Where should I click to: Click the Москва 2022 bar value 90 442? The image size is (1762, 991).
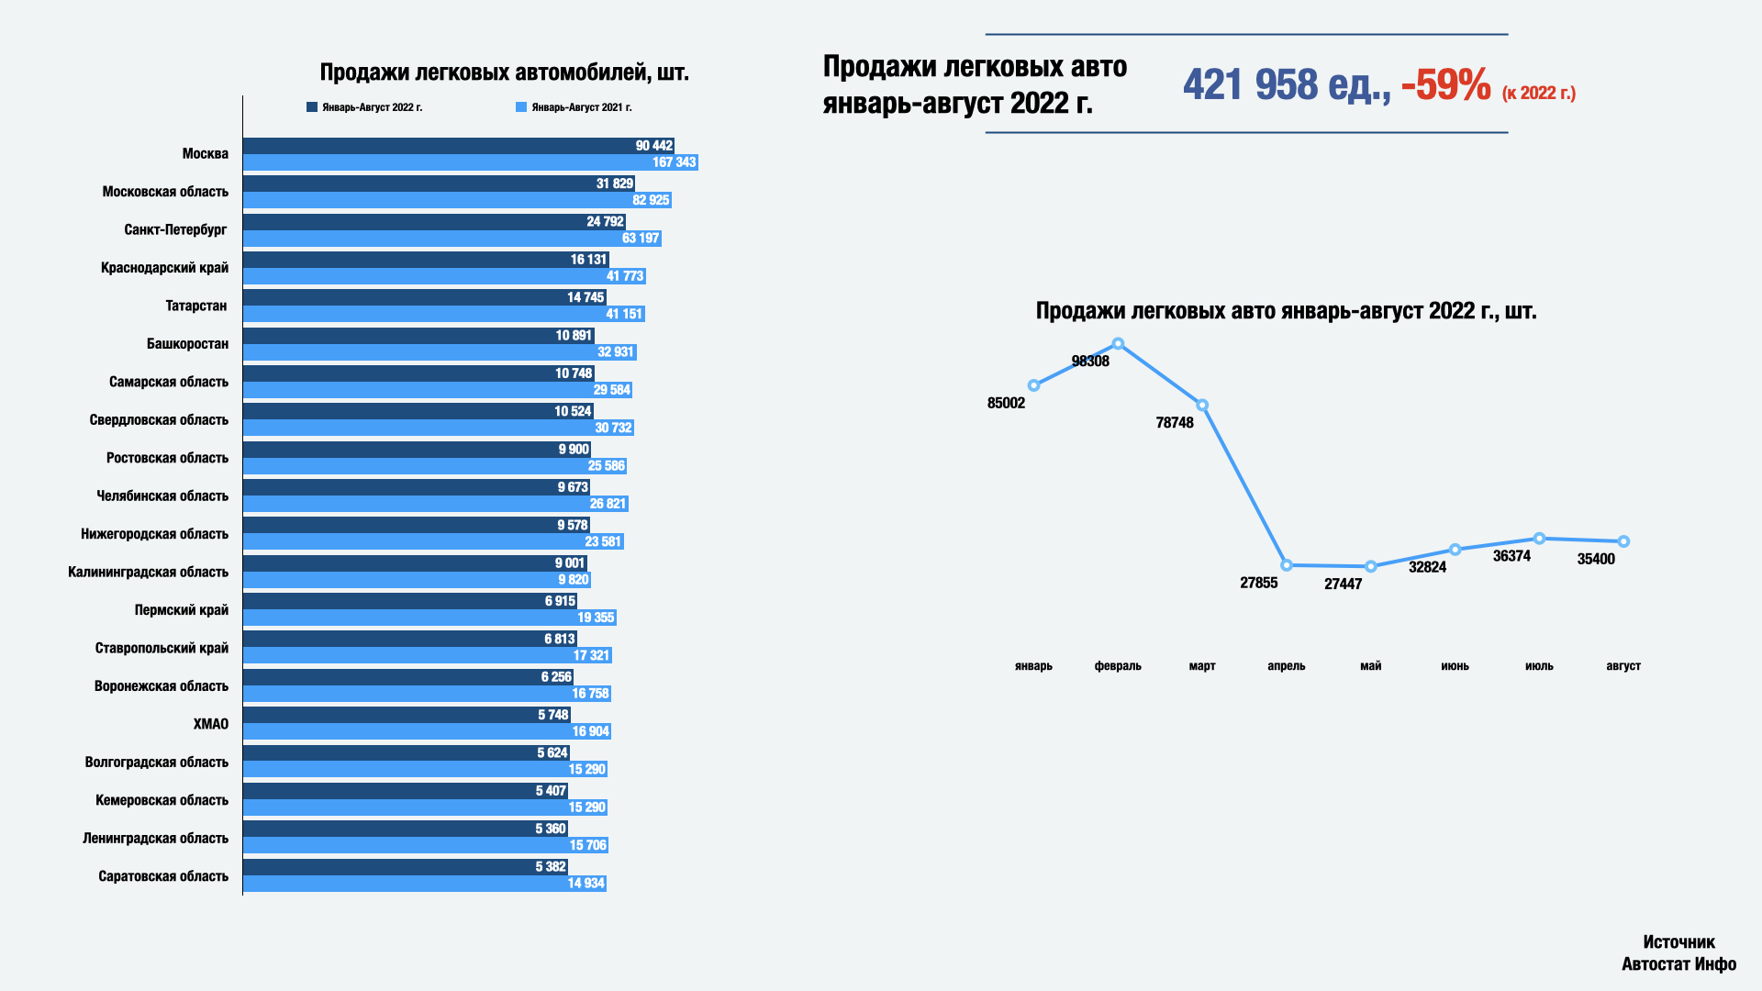coord(653,146)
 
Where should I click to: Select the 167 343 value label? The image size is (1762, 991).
coord(674,162)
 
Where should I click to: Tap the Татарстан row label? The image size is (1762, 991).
coord(195,306)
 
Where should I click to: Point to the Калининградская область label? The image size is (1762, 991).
coord(148,572)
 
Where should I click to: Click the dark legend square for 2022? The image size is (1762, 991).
coord(312,107)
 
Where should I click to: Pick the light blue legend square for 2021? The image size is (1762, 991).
coord(521,107)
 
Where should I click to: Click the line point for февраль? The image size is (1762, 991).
coord(1118,344)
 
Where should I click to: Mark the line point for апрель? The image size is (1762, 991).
coord(1287,565)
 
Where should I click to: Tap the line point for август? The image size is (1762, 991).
coord(1623,541)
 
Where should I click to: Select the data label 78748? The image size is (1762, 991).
coord(1175,423)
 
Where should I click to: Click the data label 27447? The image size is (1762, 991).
coord(1343,585)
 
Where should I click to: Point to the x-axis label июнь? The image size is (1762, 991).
coord(1455,666)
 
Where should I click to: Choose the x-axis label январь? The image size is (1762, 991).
coord(1033,666)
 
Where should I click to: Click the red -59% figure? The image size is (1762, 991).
coord(1445,85)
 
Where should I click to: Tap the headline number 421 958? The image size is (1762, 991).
coord(1251,85)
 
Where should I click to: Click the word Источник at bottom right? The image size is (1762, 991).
coord(1678,942)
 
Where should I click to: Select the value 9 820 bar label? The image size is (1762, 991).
coord(574,580)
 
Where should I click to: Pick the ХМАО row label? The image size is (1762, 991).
coord(210,724)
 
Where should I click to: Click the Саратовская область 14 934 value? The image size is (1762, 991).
coord(585,884)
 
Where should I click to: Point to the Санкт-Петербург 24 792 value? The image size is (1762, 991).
coord(605,222)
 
